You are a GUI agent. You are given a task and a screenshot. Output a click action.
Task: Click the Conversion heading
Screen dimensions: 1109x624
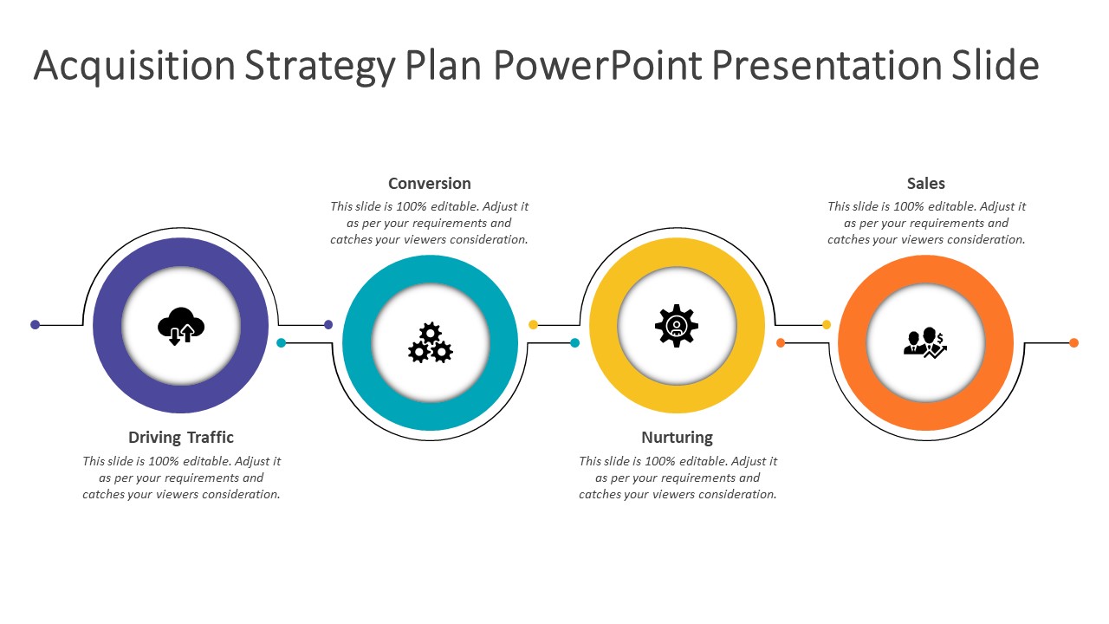point(429,184)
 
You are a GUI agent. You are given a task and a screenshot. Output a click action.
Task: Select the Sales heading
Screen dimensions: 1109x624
point(926,184)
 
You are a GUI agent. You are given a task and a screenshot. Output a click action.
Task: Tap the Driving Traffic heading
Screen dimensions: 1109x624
point(181,438)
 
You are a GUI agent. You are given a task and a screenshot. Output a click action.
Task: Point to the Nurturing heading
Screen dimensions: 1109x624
point(677,438)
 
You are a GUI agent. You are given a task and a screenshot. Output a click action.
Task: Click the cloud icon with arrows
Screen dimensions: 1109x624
point(181,326)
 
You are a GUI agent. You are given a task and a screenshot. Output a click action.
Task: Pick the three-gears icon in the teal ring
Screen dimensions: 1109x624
point(431,342)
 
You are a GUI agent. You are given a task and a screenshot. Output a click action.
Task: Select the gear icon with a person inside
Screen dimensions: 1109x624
point(677,325)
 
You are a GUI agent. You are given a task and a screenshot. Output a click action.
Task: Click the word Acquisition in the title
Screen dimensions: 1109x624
point(134,67)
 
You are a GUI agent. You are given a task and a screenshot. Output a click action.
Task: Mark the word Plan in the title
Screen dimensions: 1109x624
point(444,65)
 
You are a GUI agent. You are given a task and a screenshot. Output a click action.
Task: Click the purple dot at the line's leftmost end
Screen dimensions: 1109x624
point(35,325)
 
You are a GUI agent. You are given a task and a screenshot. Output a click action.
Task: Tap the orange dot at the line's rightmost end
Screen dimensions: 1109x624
point(1073,342)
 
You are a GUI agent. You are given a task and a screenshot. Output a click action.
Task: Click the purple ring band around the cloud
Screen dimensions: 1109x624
point(107,325)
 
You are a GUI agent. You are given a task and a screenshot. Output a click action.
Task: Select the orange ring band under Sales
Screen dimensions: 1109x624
point(852,342)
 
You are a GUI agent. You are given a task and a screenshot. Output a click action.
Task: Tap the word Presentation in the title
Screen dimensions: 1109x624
point(827,65)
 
